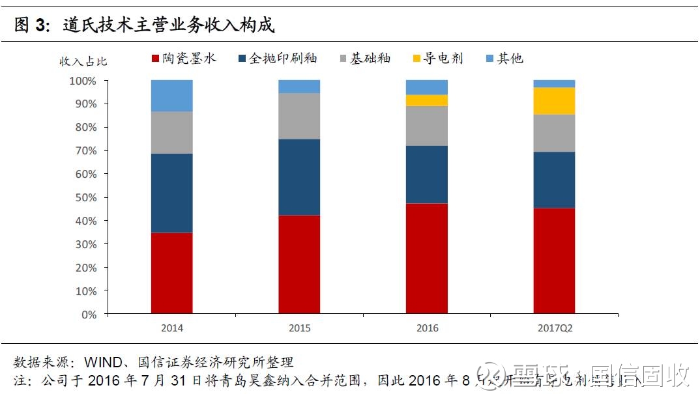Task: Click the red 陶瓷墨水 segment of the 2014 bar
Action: pos(171,273)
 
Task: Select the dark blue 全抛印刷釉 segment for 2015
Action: pos(299,177)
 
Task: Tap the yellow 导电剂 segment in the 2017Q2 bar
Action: pos(554,101)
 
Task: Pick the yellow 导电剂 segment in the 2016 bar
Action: pos(427,100)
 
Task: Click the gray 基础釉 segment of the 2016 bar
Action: pos(427,126)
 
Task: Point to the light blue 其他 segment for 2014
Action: pos(171,96)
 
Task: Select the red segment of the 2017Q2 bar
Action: pos(554,260)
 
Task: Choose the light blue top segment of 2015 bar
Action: pos(299,87)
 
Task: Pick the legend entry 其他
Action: pos(503,59)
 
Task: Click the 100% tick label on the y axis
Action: pos(82,81)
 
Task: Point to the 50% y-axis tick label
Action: pos(85,197)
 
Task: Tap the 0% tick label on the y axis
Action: pos(89,315)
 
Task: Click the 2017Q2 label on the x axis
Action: pos(554,328)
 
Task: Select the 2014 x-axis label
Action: pos(171,328)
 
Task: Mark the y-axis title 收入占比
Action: pos(83,62)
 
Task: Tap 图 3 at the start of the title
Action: pos(32,25)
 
